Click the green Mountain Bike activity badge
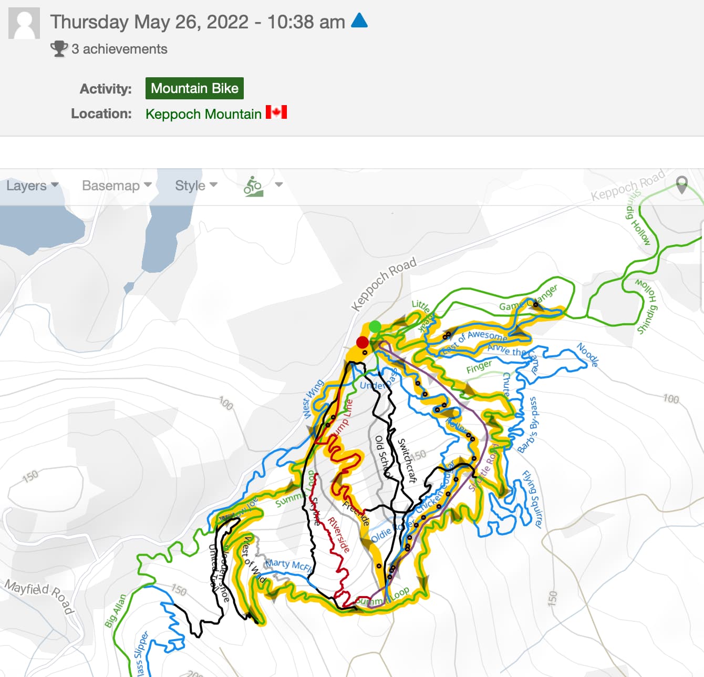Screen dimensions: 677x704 coord(194,88)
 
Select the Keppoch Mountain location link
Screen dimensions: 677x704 coord(203,114)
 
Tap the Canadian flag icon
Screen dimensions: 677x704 coord(276,112)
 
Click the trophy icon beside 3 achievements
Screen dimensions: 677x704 coord(59,49)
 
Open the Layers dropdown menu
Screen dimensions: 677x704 coord(32,186)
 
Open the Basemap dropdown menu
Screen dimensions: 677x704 coord(117,186)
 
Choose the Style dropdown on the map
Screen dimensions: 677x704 coord(196,186)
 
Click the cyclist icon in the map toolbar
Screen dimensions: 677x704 coord(253,186)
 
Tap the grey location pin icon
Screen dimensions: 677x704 coord(681,184)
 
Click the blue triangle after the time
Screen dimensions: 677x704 coord(359,20)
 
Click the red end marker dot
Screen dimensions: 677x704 coord(362,342)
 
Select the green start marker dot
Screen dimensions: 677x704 coord(375,327)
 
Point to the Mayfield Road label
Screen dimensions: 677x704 coord(39,595)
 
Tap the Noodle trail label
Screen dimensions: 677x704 coord(587,355)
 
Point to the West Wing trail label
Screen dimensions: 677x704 coord(313,399)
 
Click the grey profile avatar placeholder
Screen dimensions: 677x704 coord(24,24)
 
